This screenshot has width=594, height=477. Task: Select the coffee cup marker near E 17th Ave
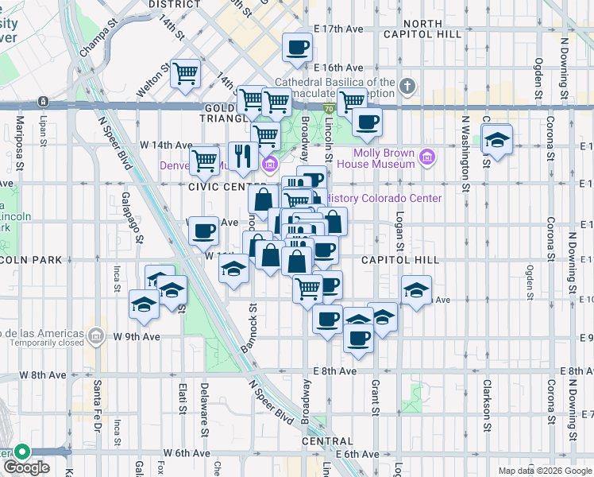coord(297,47)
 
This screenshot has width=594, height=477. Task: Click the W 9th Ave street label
coord(137,336)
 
